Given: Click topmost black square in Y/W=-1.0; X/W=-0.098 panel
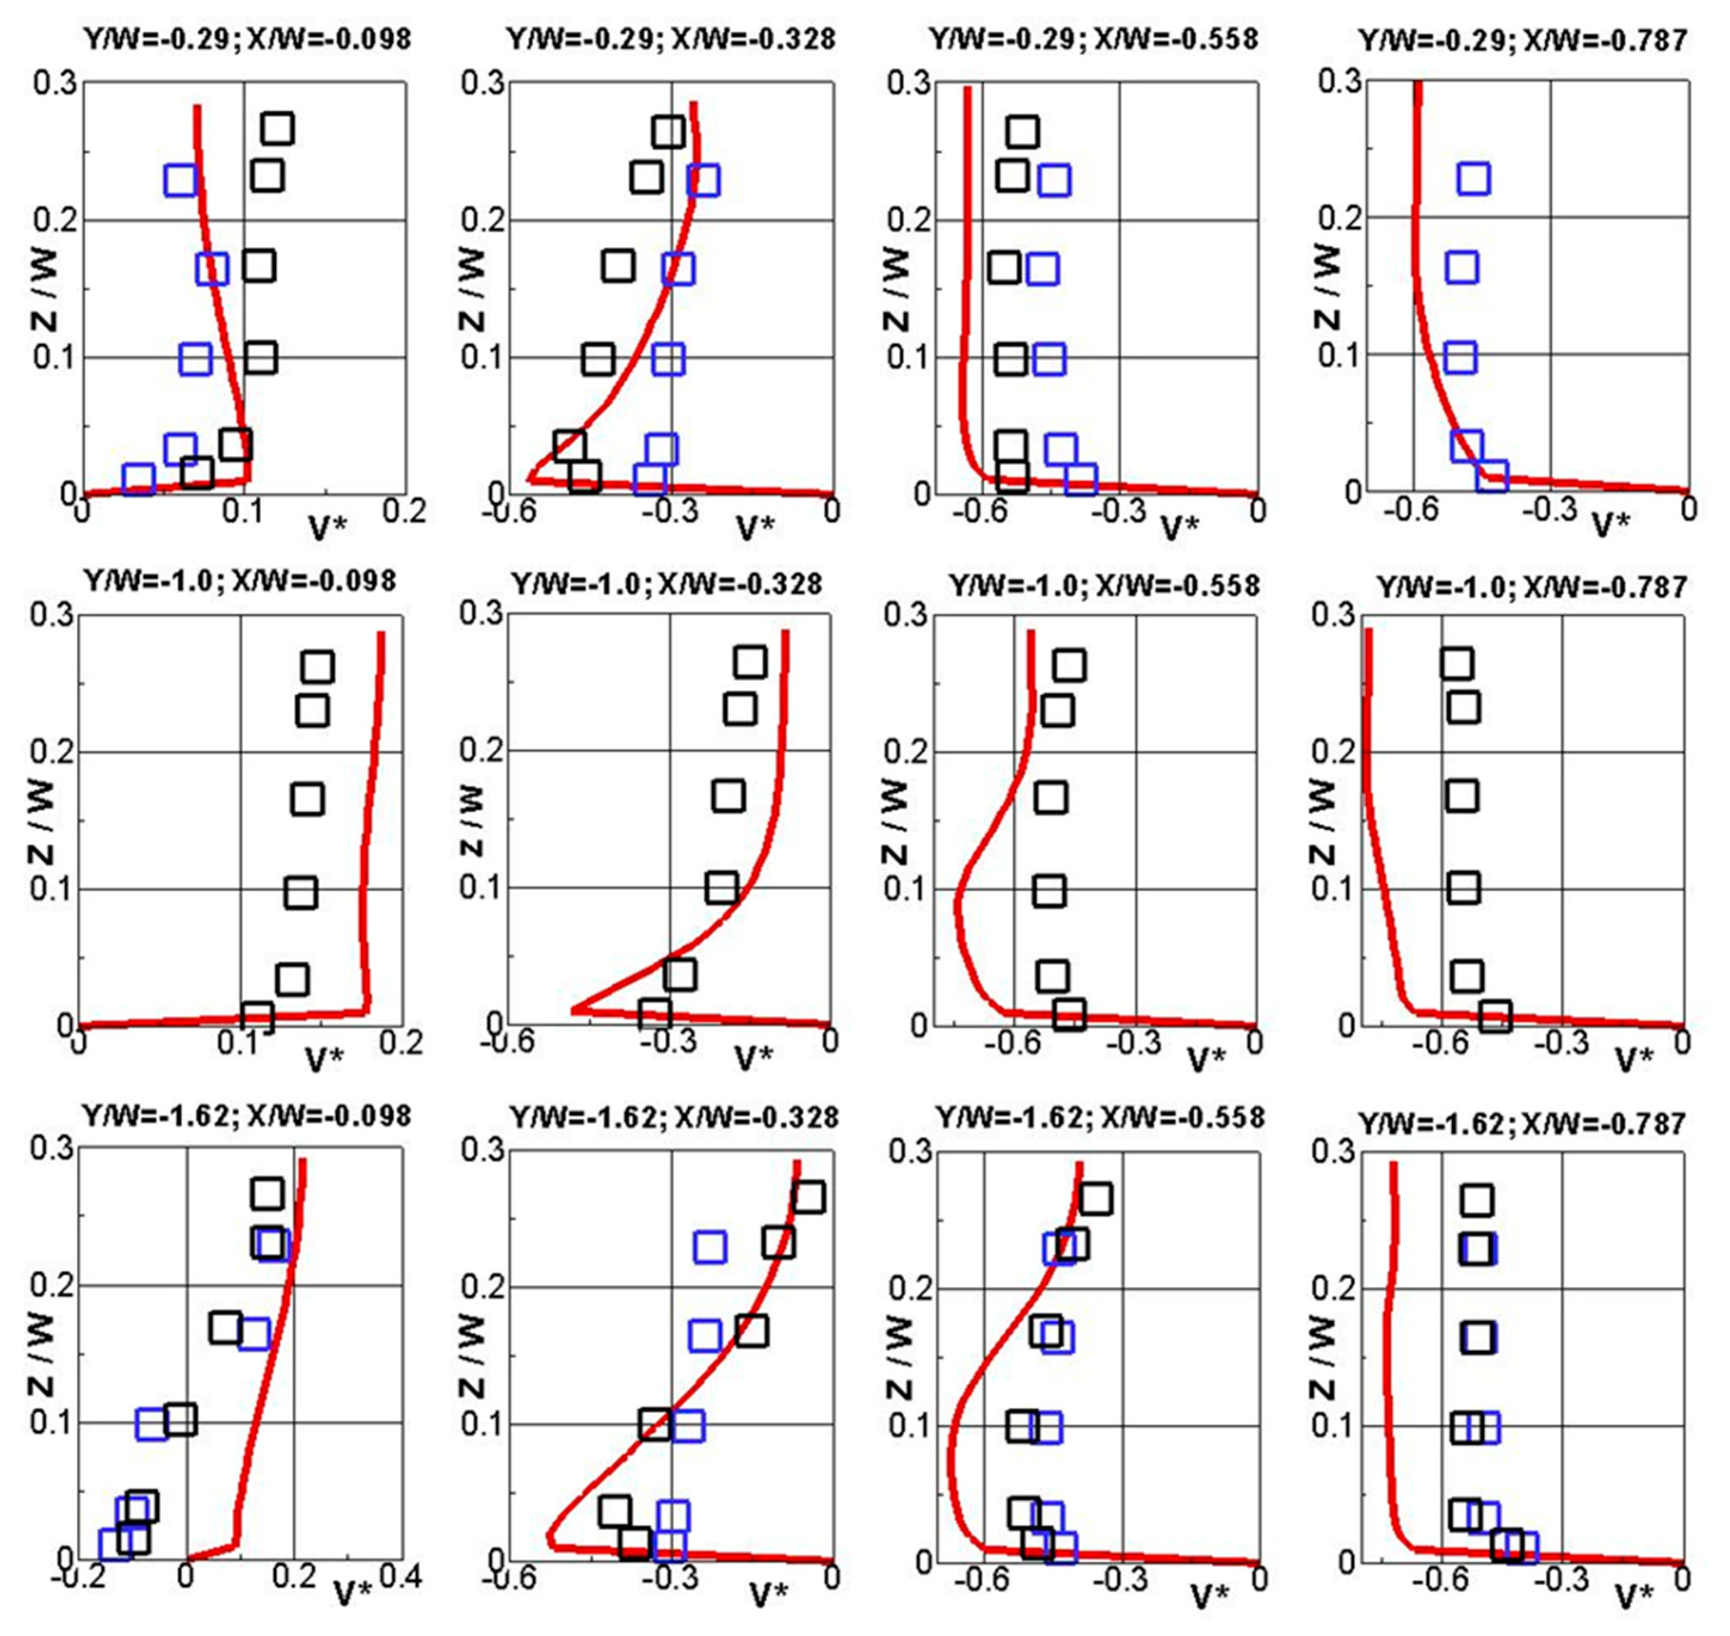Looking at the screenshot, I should click(317, 667).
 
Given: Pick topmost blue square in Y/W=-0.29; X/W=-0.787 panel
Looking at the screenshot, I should click(1473, 179).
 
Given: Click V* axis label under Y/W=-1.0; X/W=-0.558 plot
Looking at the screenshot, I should click(1207, 1060).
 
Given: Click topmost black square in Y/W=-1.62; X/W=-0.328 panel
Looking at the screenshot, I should click(808, 1197).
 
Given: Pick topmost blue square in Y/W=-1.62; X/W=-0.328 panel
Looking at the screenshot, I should click(710, 1247).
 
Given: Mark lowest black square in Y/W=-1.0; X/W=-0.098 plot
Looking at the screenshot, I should click(257, 1017).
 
